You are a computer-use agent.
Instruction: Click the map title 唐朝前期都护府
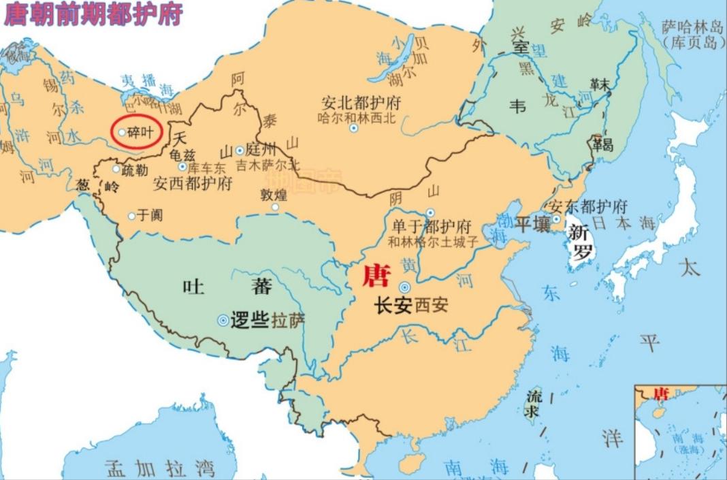click(93, 14)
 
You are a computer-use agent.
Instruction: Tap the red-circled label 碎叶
click(140, 132)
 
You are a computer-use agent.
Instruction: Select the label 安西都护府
click(193, 184)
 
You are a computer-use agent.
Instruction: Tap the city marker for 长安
click(405, 288)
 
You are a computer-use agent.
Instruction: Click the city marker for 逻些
click(223, 320)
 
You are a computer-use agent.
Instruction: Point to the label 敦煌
click(274, 195)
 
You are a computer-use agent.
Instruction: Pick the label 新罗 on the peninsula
click(581, 242)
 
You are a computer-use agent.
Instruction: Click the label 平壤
click(532, 224)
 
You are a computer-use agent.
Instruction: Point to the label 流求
click(534, 403)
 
